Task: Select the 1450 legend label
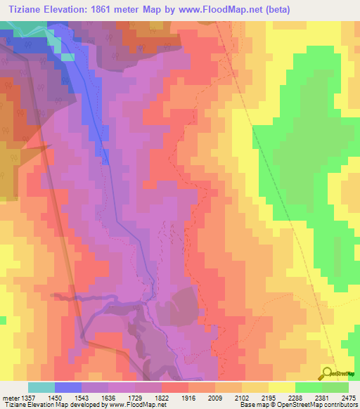tap(54, 397)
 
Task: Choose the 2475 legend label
tap(349, 397)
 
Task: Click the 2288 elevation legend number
tap(295, 397)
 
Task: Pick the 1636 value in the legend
tap(108, 397)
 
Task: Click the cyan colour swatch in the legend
tap(41, 387)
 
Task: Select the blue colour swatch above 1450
tap(67, 387)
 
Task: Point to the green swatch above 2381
tap(308, 387)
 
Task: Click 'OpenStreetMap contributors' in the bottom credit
tap(319, 405)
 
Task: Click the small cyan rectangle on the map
tap(67, 57)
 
